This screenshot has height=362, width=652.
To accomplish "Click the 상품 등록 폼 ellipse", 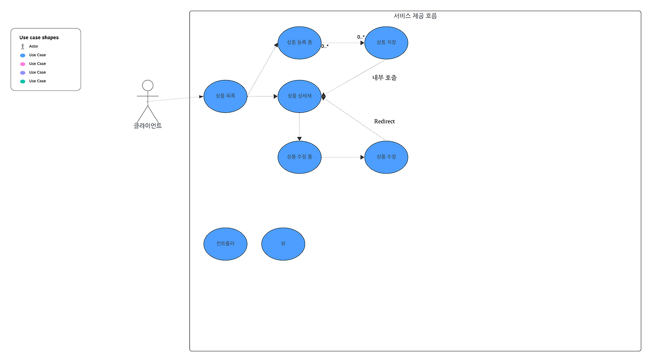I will pyautogui.click(x=300, y=43).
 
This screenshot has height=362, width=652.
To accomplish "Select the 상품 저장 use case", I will pyautogui.click(x=386, y=43).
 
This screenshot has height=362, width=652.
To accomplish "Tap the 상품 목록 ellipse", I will pyautogui.click(x=225, y=96).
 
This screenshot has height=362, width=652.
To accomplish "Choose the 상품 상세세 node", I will pyautogui.click(x=300, y=96).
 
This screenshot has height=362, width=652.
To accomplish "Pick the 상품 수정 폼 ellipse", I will pyautogui.click(x=300, y=157).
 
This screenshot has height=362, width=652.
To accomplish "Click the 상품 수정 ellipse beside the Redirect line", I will pyautogui.click(x=386, y=157).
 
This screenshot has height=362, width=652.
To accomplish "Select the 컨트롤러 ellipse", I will pyautogui.click(x=225, y=244).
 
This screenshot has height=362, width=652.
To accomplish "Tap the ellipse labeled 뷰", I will pyautogui.click(x=283, y=244).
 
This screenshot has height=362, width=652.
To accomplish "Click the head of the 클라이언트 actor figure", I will pyautogui.click(x=148, y=85).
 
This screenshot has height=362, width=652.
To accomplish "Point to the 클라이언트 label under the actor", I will pyautogui.click(x=148, y=125).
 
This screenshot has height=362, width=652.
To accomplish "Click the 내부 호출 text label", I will pyautogui.click(x=385, y=78).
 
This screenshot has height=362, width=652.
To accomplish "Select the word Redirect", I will pyautogui.click(x=385, y=121).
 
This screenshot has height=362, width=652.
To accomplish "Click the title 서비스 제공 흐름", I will pyautogui.click(x=415, y=16).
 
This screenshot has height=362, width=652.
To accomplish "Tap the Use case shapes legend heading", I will pyautogui.click(x=39, y=37).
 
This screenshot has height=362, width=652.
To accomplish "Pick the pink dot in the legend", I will pyautogui.click(x=22, y=64).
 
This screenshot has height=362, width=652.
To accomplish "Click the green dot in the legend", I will pyautogui.click(x=22, y=82).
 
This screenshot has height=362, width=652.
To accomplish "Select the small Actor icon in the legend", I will pyautogui.click(x=22, y=46).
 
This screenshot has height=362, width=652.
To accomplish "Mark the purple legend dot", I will pyautogui.click(x=22, y=73).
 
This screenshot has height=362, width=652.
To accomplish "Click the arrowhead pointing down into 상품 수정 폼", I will pyautogui.click(x=300, y=138).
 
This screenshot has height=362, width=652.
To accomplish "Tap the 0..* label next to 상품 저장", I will pyautogui.click(x=361, y=37).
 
